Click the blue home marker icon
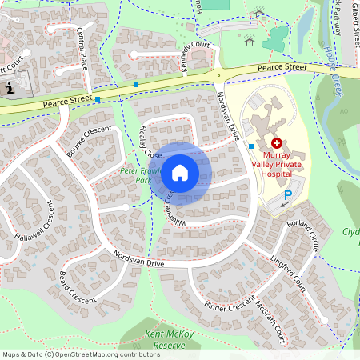(180, 172)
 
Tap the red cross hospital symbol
(276, 142)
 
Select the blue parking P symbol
(287, 195)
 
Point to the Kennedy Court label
(195, 58)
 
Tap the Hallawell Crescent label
(38, 229)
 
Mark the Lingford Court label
(289, 274)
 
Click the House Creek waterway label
(334, 75)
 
